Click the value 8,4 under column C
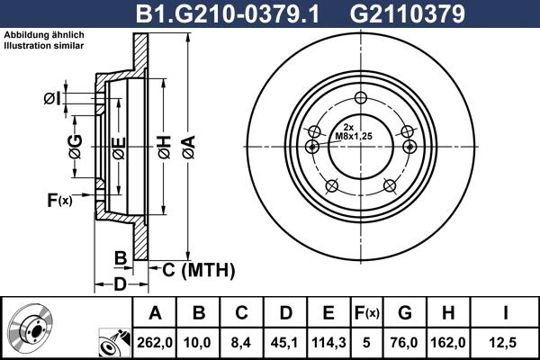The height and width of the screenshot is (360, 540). [242, 341]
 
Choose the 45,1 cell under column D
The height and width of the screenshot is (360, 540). [285, 341]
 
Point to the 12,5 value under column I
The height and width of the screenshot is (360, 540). [504, 341]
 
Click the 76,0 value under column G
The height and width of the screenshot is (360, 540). [404, 341]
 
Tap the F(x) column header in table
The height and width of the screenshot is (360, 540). [366, 313]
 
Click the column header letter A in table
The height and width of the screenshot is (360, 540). [155, 313]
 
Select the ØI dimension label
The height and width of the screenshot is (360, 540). [52, 98]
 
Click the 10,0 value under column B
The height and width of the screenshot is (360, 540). [199, 341]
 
